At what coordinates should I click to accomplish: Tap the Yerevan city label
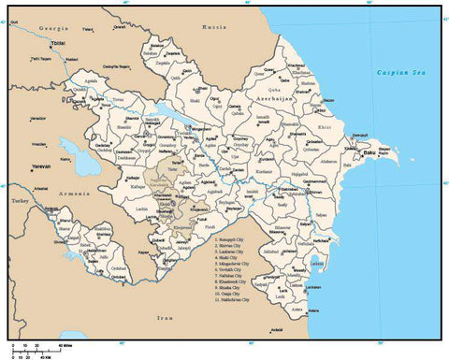coord(41,166)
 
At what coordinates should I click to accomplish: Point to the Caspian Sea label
coord(396,71)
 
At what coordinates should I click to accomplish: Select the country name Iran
coord(167,319)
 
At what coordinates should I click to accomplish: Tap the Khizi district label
coord(325,125)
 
